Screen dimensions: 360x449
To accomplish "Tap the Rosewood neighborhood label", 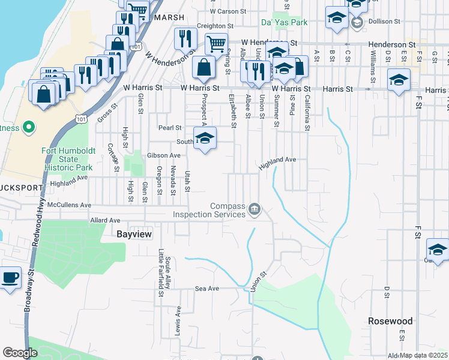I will tap(390, 321).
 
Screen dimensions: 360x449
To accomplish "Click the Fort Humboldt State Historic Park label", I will tap(68, 159).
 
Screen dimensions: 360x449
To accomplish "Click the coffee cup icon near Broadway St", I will tap(10, 278).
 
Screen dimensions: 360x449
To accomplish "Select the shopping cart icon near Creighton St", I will tap(216, 43).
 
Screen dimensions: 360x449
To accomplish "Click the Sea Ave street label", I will tap(207, 289).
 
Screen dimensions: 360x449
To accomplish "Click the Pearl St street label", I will tap(170, 128).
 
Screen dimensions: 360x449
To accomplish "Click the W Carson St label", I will tap(228, 11).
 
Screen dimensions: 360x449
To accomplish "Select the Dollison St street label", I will tap(385, 22).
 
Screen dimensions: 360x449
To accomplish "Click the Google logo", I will tap(20, 353).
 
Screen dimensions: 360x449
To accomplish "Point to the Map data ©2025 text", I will tap(423, 355).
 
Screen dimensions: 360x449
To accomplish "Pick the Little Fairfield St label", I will tap(161, 274).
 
